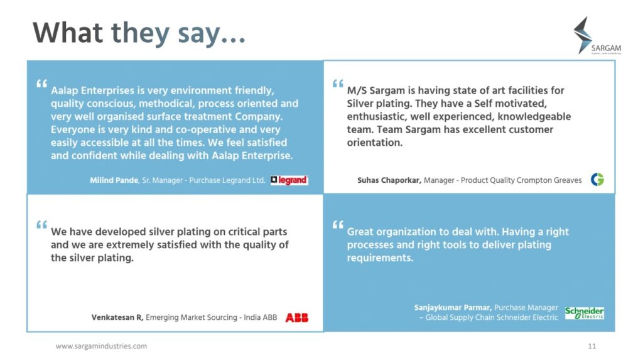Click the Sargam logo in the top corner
[x=597, y=36]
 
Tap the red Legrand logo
[x=289, y=180]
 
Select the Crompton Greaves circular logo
[x=597, y=180]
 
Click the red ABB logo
[x=296, y=317]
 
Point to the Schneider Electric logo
[x=584, y=313]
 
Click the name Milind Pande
[x=114, y=180]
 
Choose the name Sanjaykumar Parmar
[x=453, y=307]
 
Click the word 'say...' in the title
[x=212, y=33]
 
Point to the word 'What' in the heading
[x=67, y=33]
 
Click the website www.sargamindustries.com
[x=101, y=346]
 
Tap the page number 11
[x=592, y=346]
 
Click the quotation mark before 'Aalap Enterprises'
[x=42, y=84]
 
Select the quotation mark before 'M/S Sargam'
[x=338, y=84]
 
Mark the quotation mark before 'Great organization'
[x=338, y=224]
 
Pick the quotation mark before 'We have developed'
[x=42, y=224]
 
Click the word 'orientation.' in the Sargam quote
[x=374, y=143]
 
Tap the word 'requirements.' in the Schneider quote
[x=380, y=258]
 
